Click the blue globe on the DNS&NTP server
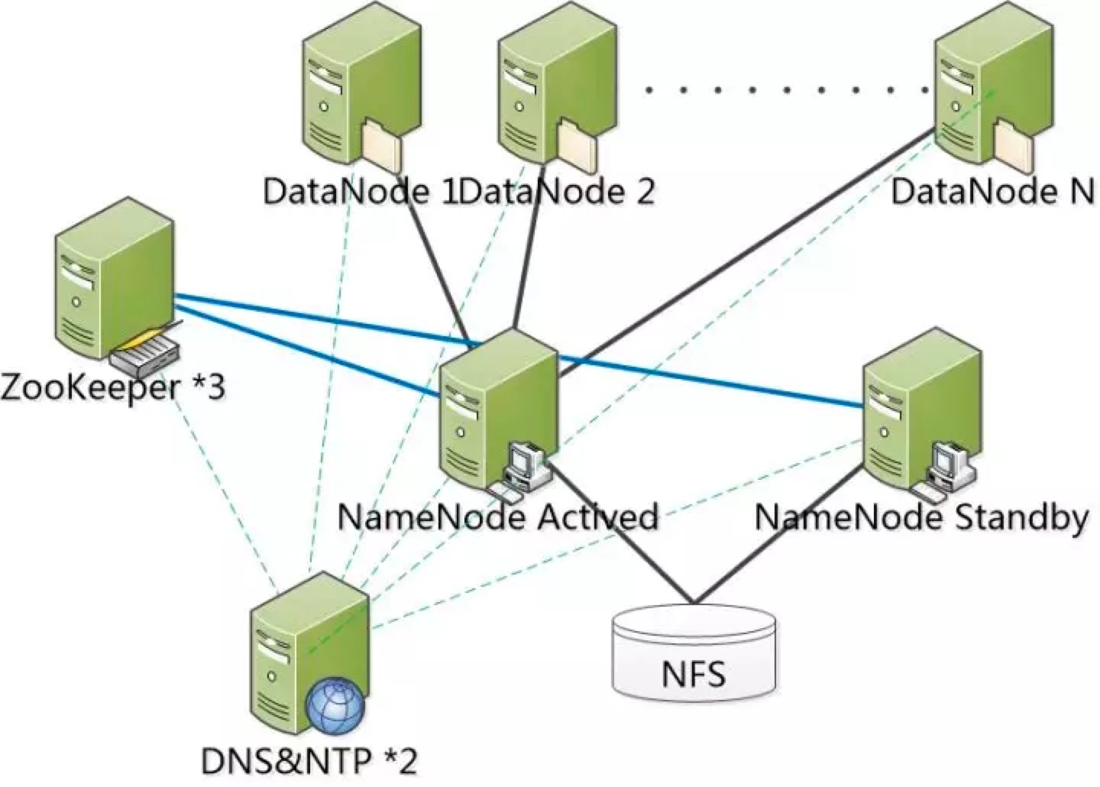[x=335, y=708]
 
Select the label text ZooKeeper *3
[x=113, y=387]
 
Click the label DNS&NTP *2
[x=309, y=760]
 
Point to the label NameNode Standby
[x=921, y=518]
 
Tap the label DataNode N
[x=993, y=191]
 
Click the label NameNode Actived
[x=497, y=518]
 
